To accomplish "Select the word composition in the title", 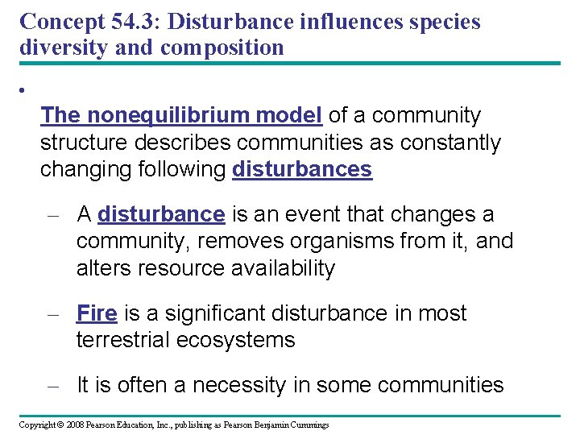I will click(222, 47).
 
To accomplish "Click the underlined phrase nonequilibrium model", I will click(207, 116).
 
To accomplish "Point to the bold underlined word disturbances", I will click(302, 170).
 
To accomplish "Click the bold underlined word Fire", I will click(97, 313).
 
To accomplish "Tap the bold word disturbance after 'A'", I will click(161, 214).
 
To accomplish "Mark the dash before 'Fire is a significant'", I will click(53, 314).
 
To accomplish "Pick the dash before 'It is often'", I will click(53, 386).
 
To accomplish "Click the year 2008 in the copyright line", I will click(75, 425).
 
